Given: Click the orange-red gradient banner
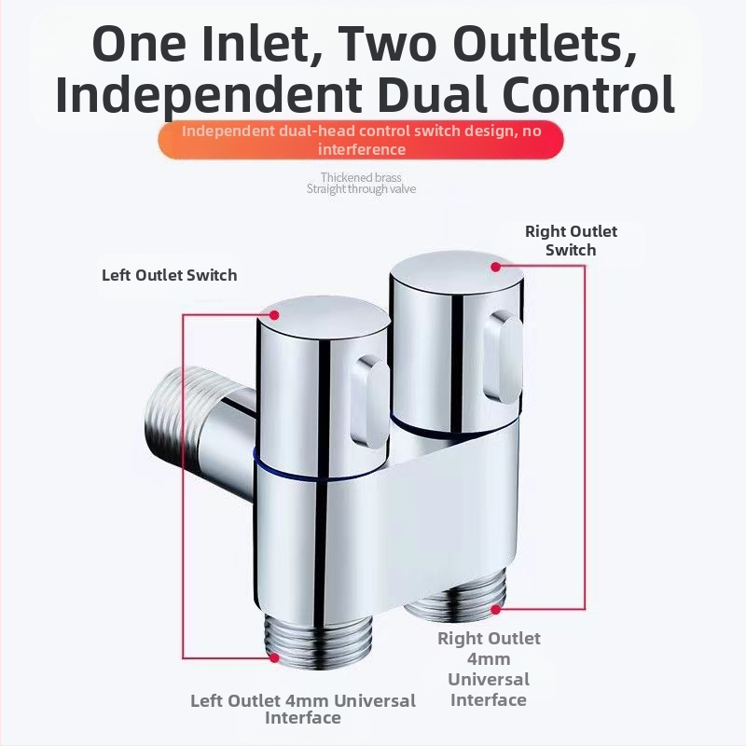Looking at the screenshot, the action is point(361,140).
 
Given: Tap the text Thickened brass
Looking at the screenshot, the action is point(361,177).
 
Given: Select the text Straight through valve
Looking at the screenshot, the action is point(361,189).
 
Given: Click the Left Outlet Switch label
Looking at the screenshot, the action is point(170,275).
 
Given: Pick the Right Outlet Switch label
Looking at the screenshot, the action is point(571,241).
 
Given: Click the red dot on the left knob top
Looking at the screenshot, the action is point(274,315).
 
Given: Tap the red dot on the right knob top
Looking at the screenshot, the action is point(496,267).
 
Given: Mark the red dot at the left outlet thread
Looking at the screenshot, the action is point(274,657).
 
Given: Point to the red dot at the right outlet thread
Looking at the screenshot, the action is point(496,609).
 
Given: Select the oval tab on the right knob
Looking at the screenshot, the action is point(503,358).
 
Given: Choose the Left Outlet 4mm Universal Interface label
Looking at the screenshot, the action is point(303,709).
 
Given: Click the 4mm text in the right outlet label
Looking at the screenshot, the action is point(489,659).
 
